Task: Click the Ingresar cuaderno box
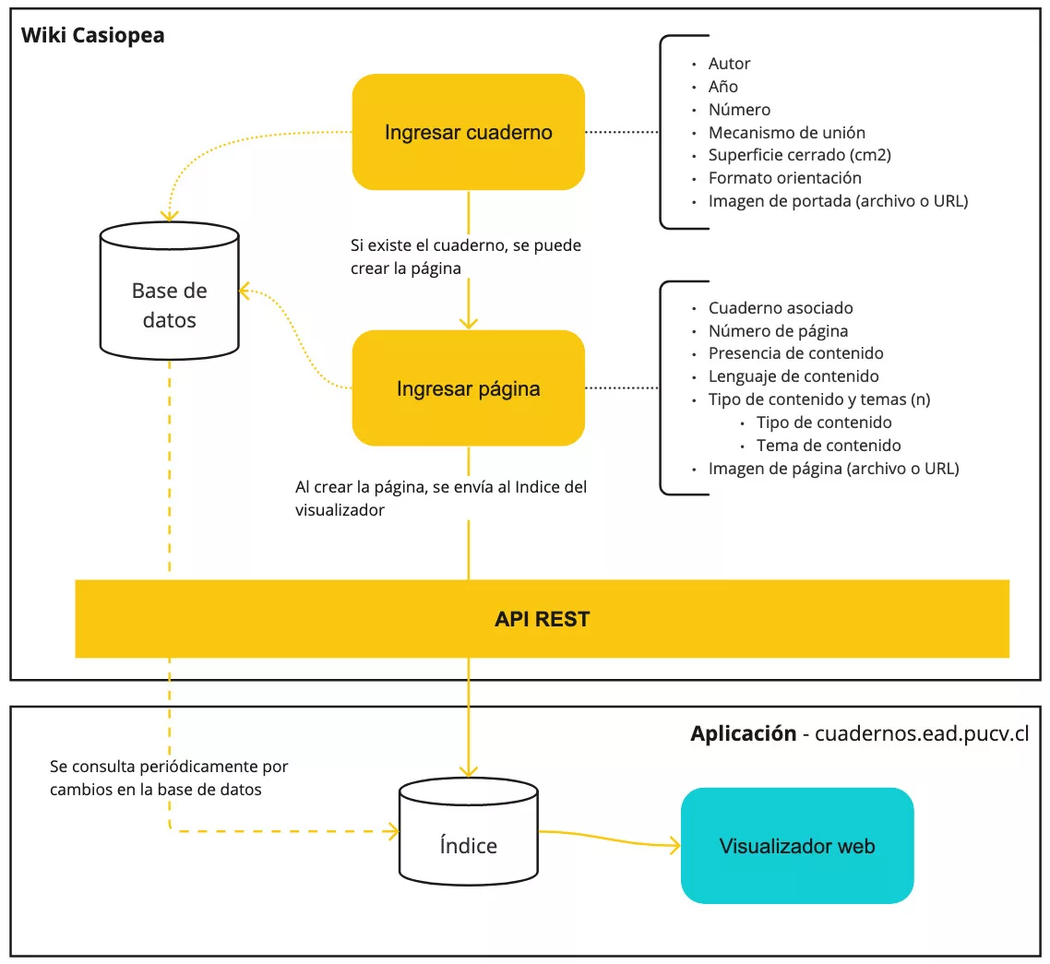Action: pos(468,132)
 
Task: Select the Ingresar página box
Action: pos(468,388)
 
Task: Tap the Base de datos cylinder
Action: pos(170,291)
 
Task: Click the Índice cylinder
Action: pos(468,831)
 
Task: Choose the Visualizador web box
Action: pos(797,846)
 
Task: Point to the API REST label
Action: pos(542,619)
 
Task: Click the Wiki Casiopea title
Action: pos(92,35)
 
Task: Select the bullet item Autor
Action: pos(729,64)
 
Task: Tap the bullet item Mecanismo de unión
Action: pos(787,133)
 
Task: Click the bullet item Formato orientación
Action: pos(785,178)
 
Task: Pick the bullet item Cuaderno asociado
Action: pos(781,308)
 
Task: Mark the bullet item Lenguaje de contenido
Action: pos(793,376)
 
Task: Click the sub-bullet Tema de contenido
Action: pos(829,446)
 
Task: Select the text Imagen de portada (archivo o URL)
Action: pos(839,201)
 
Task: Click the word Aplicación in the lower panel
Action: pos(744,733)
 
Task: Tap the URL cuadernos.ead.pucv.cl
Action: pos(922,733)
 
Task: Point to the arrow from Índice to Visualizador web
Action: pos(609,839)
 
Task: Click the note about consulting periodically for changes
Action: pos(169,778)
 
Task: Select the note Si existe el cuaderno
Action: pos(465,256)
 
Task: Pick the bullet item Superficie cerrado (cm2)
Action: pos(800,155)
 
